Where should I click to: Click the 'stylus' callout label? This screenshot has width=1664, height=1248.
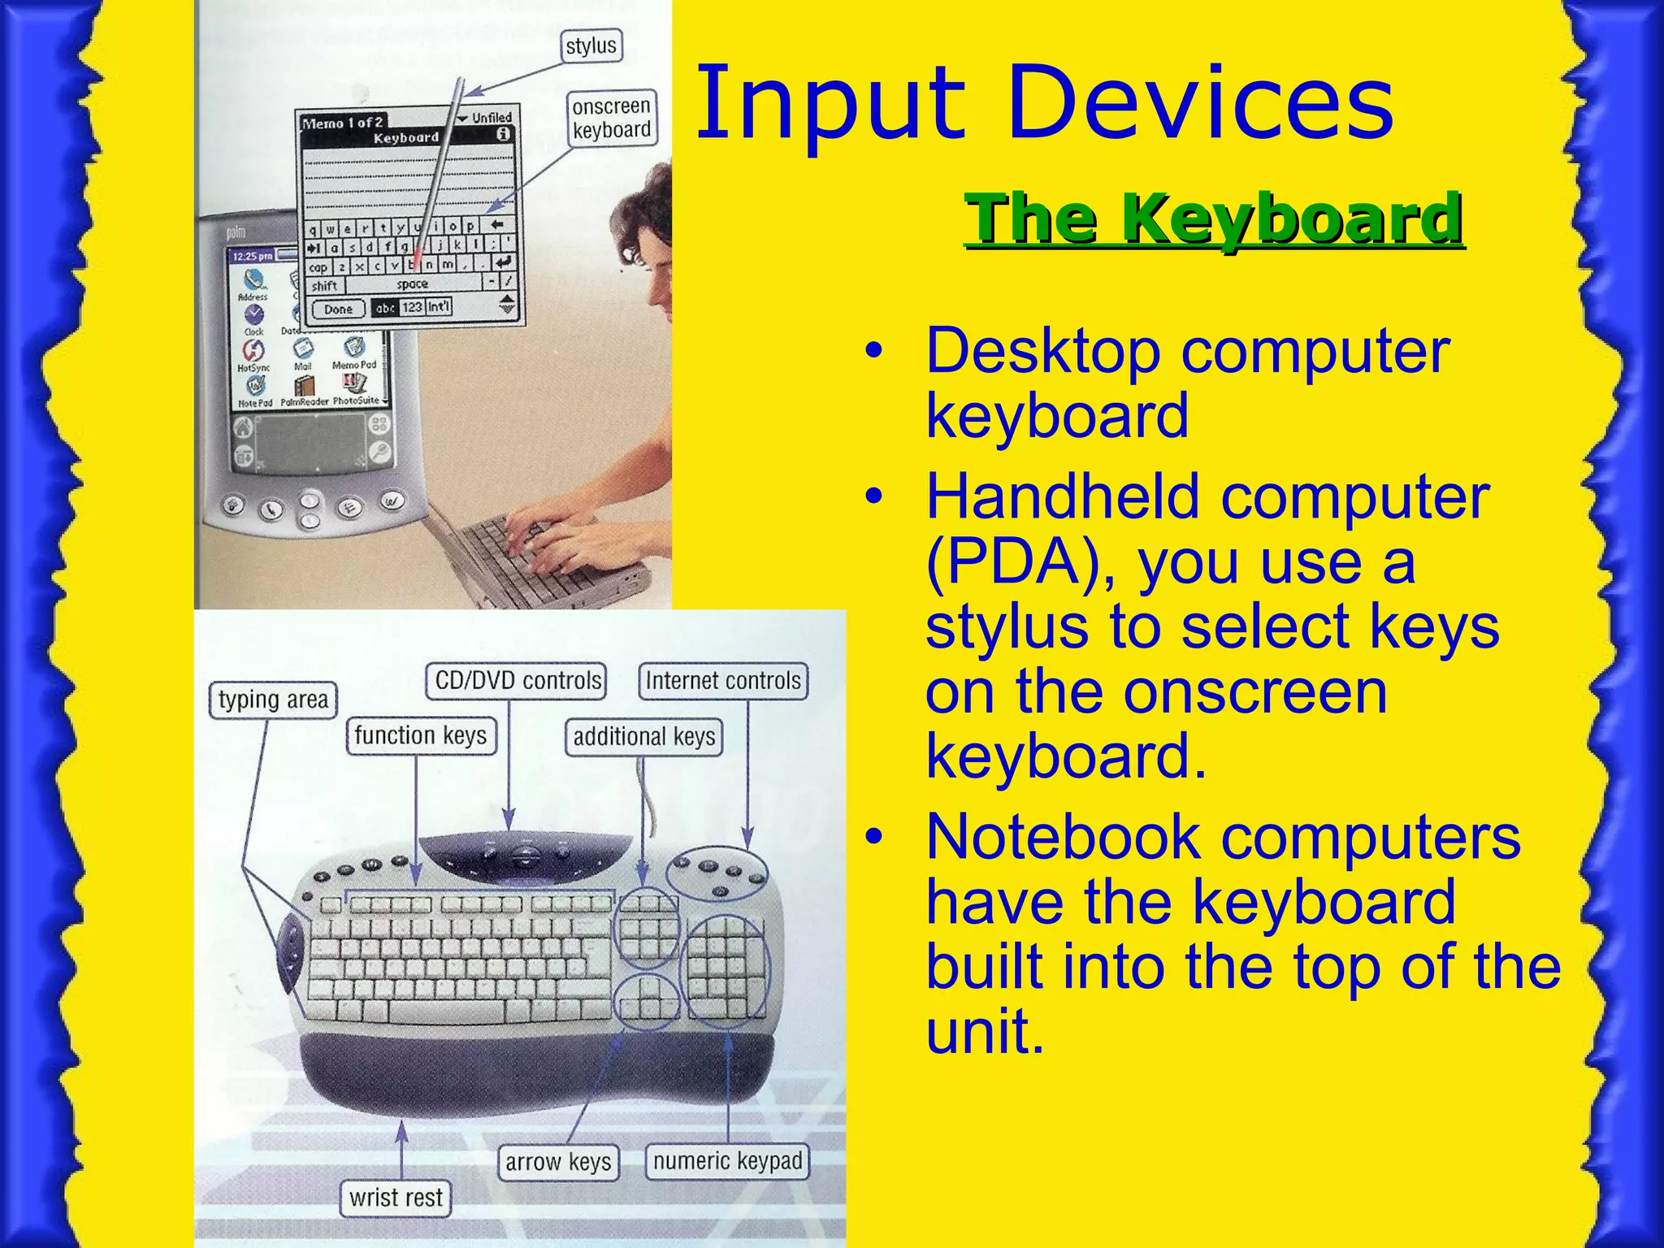coord(591,46)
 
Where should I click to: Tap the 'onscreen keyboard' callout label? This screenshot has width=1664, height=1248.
coord(611,119)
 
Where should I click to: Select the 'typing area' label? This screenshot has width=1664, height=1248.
coord(273,700)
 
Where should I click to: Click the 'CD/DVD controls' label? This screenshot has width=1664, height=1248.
coord(517,681)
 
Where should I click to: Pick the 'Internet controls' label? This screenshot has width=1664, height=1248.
coord(723,681)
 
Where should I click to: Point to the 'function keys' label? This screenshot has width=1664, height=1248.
coord(420,736)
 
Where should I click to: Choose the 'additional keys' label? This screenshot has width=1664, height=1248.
coord(643,737)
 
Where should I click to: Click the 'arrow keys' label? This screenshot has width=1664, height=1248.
coord(557,1162)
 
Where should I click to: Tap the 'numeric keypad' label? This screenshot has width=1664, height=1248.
coord(727,1161)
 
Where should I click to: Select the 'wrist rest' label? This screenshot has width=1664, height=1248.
coord(396,1198)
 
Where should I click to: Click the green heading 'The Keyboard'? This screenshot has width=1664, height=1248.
coord(1214,219)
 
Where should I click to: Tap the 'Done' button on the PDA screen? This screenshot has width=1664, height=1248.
coord(338,309)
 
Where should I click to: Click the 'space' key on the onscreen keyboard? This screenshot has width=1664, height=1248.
coord(413,284)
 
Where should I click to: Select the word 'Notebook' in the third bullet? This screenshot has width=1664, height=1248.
coord(1063,837)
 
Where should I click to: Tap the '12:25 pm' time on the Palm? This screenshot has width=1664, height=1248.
coord(253,256)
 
